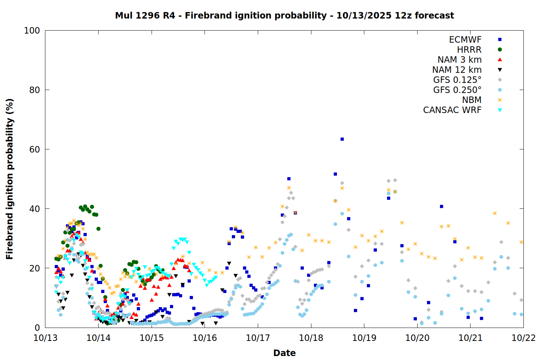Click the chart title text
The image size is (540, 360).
click(x=284, y=15)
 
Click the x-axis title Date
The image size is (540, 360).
click(x=284, y=353)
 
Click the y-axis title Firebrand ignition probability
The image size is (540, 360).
click(x=9, y=179)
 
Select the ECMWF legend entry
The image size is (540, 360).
click(x=465, y=40)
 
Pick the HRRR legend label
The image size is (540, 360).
click(x=469, y=50)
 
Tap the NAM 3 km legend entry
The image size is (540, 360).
click(x=459, y=60)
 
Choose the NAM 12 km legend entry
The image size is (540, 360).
click(x=457, y=70)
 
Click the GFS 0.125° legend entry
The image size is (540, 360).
click(x=457, y=80)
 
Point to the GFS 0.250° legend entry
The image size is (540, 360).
click(x=457, y=90)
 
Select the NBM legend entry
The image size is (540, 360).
click(x=472, y=100)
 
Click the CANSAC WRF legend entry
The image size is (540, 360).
click(x=452, y=110)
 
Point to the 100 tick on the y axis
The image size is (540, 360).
click(x=32, y=31)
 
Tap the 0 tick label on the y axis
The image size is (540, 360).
click(x=37, y=328)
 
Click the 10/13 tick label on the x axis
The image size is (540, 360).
click(x=45, y=338)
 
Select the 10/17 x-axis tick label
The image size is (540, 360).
click(x=258, y=338)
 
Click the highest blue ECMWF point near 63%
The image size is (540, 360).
click(x=342, y=139)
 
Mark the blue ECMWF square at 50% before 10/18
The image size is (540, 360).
click(x=289, y=179)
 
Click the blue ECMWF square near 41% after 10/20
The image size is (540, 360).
click(x=441, y=207)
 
